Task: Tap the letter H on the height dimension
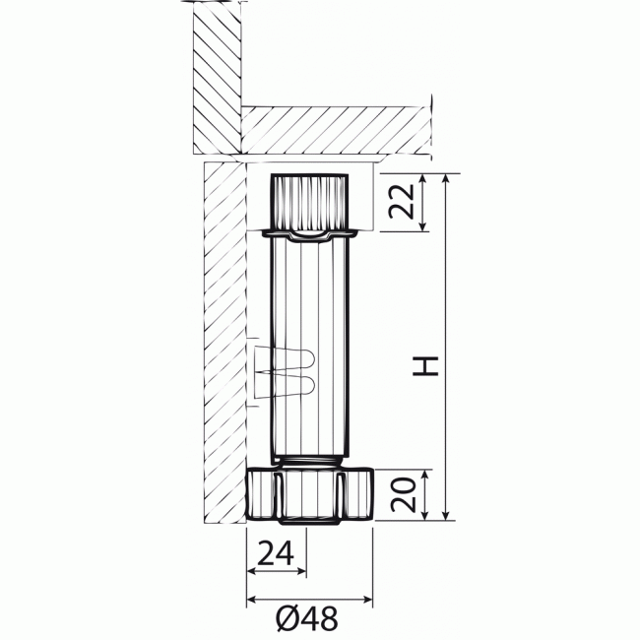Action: click(x=424, y=366)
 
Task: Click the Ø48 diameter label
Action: click(x=307, y=617)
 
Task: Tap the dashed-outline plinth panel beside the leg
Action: click(x=224, y=345)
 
